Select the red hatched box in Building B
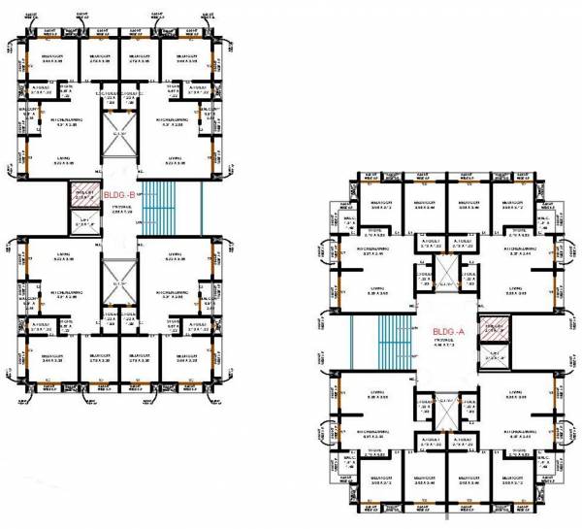coord(81,199)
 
